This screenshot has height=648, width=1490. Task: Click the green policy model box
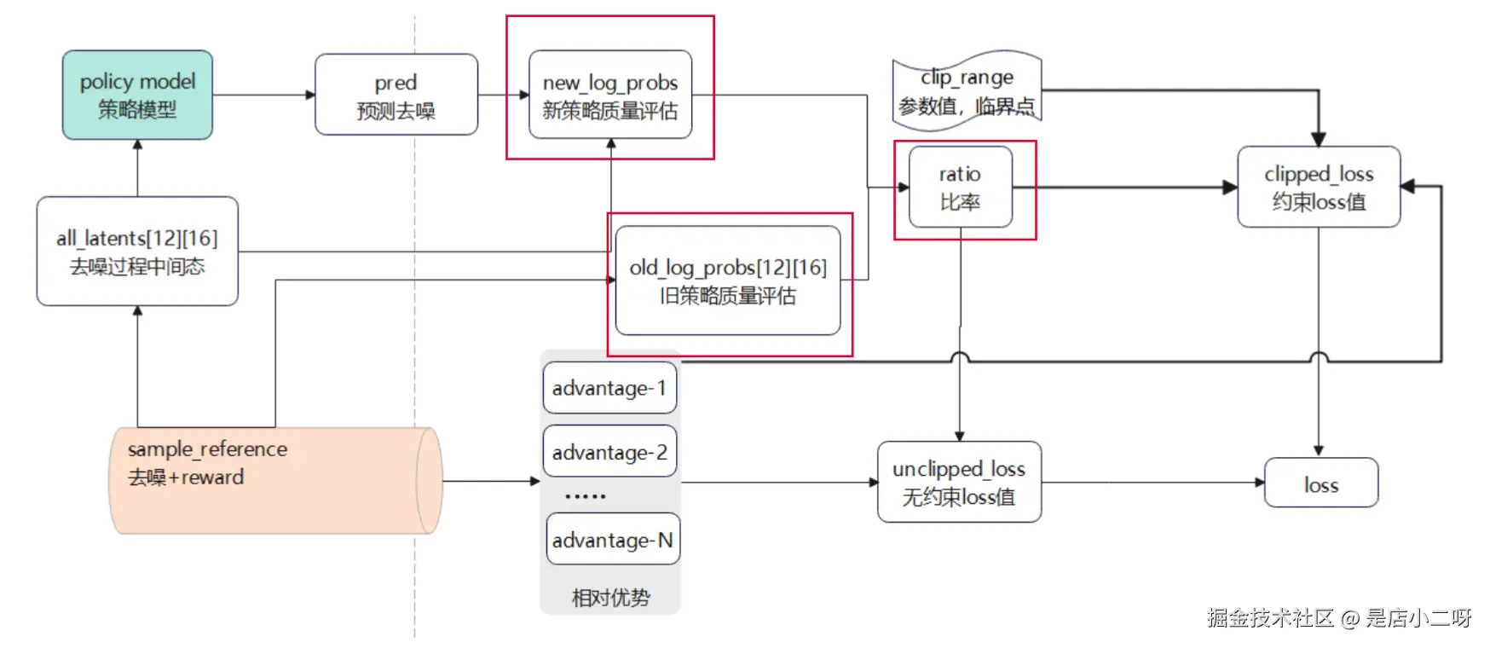137,95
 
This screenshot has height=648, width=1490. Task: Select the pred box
396,95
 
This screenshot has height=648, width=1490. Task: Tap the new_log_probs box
609,95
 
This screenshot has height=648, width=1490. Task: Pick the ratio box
960,187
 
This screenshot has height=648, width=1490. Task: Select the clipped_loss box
1318,187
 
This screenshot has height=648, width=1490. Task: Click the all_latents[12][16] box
137,252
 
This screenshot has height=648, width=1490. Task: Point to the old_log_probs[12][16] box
727,281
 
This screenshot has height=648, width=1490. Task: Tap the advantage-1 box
609,388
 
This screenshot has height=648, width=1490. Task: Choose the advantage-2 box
609,451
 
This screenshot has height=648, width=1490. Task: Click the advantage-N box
613,539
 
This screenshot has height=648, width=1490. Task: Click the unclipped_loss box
959,482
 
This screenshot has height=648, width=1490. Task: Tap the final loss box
1320,483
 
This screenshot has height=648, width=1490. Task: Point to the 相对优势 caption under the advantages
610,598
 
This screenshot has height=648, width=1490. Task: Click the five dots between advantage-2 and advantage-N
586,495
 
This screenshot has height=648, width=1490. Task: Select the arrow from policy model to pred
263,95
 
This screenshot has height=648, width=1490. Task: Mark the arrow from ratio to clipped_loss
1125,188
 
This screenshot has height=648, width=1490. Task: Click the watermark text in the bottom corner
1338,618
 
